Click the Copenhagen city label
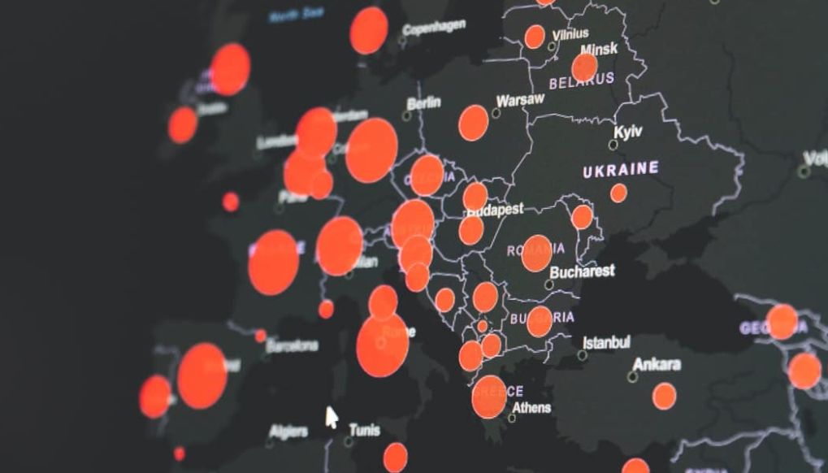pos(436,28)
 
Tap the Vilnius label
pos(570,34)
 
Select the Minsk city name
pos(599,49)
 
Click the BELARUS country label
pos(582,80)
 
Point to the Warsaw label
pos(520,101)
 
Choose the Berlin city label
pos(423,103)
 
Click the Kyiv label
pos(628,132)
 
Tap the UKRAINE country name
pos(621,169)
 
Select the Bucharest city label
pos(583,271)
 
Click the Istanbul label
pos(606,341)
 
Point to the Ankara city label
pos(657,364)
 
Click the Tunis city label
pos(364,428)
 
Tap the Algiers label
pos(288,430)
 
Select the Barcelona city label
pos(292,345)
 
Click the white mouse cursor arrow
pos(331,418)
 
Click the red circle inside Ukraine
pos(618,193)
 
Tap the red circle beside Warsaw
pos(474,123)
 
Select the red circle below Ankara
pos(664,396)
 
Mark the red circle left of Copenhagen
pos(369,31)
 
